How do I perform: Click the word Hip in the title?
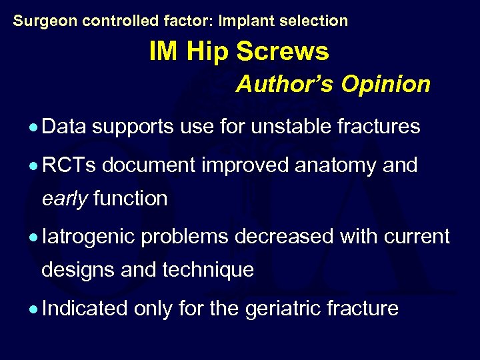pyautogui.click(x=209, y=51)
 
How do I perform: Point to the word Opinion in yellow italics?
pyautogui.click(x=386, y=85)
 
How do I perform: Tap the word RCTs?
pyautogui.click(x=70, y=165)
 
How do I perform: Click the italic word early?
pyautogui.click(x=65, y=199)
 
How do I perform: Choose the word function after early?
pyautogui.click(x=131, y=198)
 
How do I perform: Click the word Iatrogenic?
pyautogui.click(x=87, y=237)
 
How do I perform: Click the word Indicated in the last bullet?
pyautogui.click(x=84, y=309)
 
